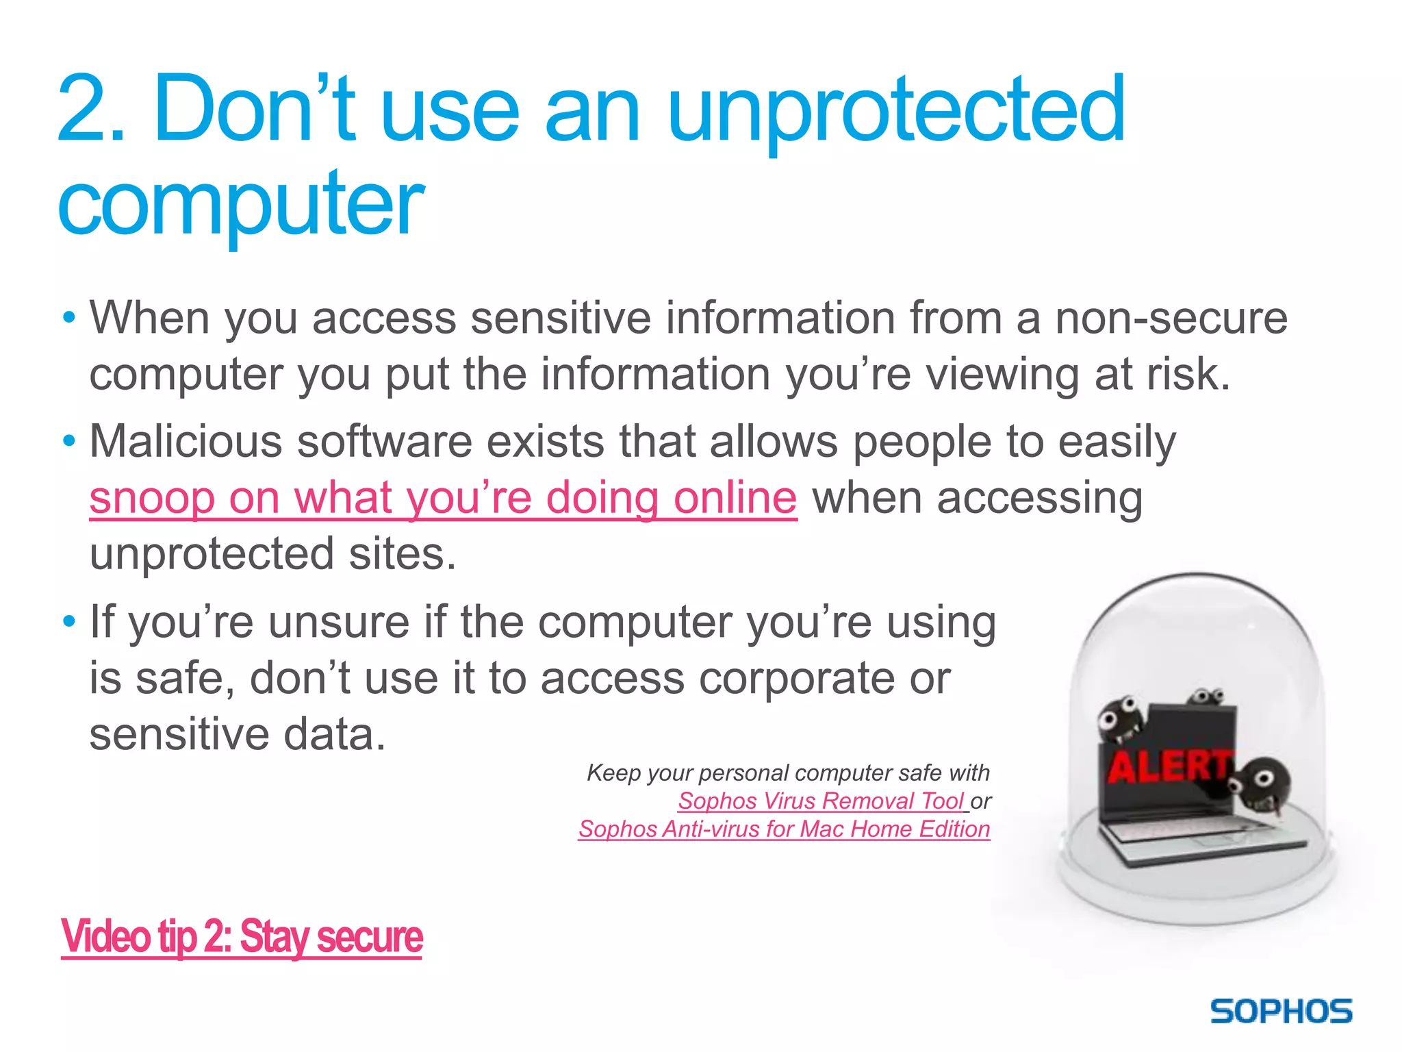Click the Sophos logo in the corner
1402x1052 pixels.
1281,1012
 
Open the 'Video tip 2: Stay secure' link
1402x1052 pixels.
242,937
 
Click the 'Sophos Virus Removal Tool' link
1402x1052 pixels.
821,801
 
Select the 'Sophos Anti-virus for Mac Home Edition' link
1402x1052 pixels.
784,829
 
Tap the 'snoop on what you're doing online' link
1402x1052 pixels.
443,498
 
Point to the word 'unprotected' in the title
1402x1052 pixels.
895,111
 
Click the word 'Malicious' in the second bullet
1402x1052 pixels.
186,442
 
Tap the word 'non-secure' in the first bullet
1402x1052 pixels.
1171,318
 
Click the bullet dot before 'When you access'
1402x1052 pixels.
68,318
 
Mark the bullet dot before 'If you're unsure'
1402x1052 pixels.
68,622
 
